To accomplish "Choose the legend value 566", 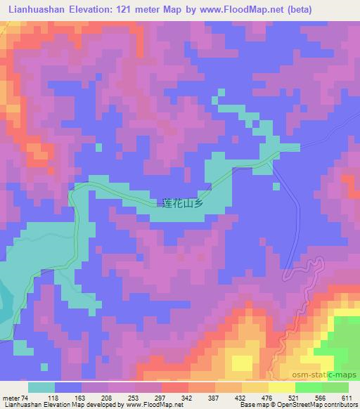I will tap(321, 398).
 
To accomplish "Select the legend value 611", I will tap(348, 398).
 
